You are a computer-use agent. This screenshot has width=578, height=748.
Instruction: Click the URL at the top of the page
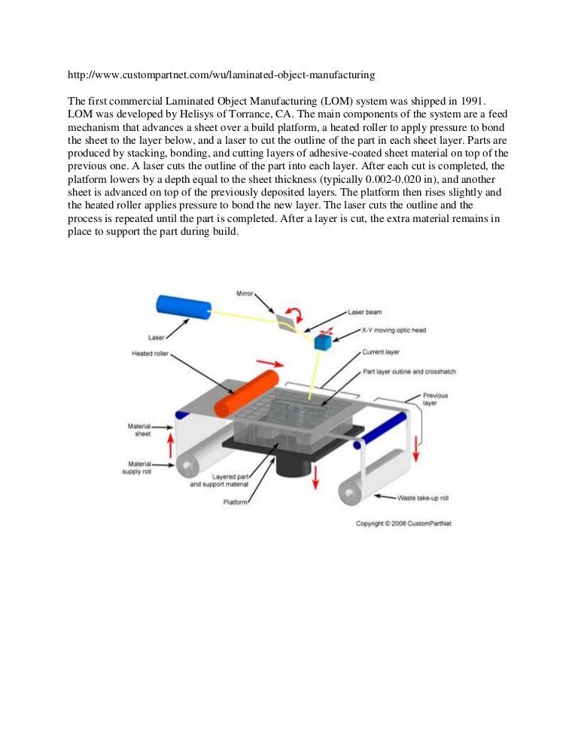221,75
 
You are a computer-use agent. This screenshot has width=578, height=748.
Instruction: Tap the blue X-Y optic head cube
323,342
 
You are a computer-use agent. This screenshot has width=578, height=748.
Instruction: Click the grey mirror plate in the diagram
286,321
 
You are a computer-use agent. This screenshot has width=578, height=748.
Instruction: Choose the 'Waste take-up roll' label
424,497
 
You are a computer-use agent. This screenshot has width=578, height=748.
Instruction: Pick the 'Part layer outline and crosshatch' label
409,372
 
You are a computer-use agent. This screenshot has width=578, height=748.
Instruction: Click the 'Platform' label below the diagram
236,502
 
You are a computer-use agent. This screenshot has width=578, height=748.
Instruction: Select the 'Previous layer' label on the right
434,399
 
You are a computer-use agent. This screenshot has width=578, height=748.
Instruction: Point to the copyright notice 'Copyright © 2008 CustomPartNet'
409,524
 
